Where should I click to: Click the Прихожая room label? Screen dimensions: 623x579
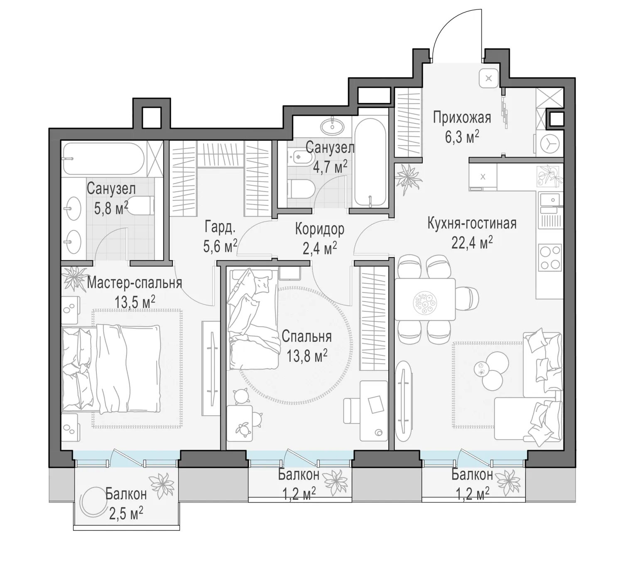[x=462, y=118]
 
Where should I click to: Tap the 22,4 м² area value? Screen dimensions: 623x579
[x=472, y=242]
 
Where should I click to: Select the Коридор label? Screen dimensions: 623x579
[x=319, y=229]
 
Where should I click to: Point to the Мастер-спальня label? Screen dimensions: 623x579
[x=134, y=283]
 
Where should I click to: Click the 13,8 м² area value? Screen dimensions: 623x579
[x=307, y=356]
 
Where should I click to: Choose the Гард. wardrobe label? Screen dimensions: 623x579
[x=220, y=227]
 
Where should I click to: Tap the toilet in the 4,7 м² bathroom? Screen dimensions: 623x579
[x=301, y=189]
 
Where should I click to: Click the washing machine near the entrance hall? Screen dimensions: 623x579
[x=549, y=144]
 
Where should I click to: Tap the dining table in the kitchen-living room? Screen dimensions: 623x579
[x=425, y=299]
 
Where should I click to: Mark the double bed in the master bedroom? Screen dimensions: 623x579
[x=111, y=369]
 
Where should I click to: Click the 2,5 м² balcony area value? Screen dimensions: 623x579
[x=126, y=514]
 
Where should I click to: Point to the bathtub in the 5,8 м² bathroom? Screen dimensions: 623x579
[x=103, y=158]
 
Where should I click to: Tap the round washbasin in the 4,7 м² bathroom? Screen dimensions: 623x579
[x=332, y=126]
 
